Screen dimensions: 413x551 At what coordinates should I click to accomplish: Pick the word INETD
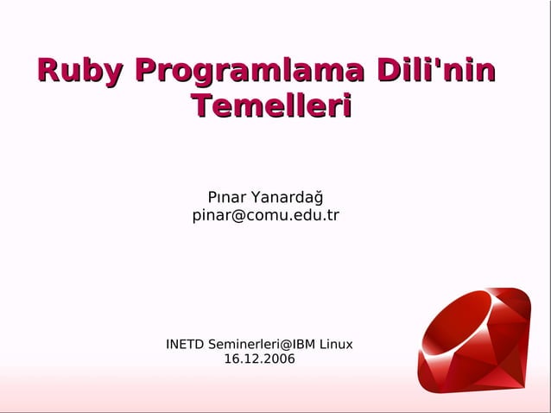tap(186, 344)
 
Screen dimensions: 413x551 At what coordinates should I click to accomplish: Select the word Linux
tap(336, 344)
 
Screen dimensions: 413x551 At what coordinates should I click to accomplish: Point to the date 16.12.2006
tap(259, 359)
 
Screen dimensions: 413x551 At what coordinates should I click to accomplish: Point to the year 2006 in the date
tap(278, 359)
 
